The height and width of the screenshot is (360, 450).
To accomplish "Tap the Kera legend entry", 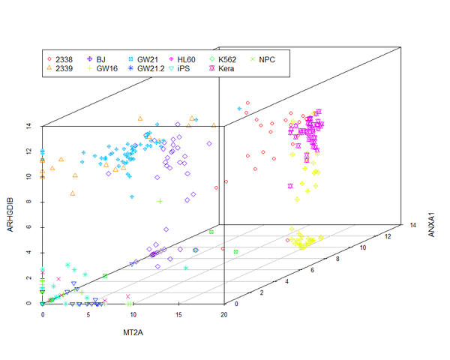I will pyautogui.click(x=232, y=68).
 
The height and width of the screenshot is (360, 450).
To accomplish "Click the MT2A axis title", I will pyautogui.click(x=133, y=331).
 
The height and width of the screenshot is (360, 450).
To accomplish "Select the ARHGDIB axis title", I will pyautogui.click(x=10, y=214).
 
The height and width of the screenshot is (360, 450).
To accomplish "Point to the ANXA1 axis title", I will pyautogui.click(x=431, y=223).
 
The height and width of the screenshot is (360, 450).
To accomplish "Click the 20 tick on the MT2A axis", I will pyautogui.click(x=223, y=316).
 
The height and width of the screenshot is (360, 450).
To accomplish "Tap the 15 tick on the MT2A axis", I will pyautogui.click(x=178, y=316).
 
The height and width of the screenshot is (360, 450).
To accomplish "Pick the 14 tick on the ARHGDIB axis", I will pyautogui.click(x=28, y=126).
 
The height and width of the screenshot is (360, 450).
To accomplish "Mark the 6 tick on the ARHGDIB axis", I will pyautogui.click(x=28, y=227).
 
